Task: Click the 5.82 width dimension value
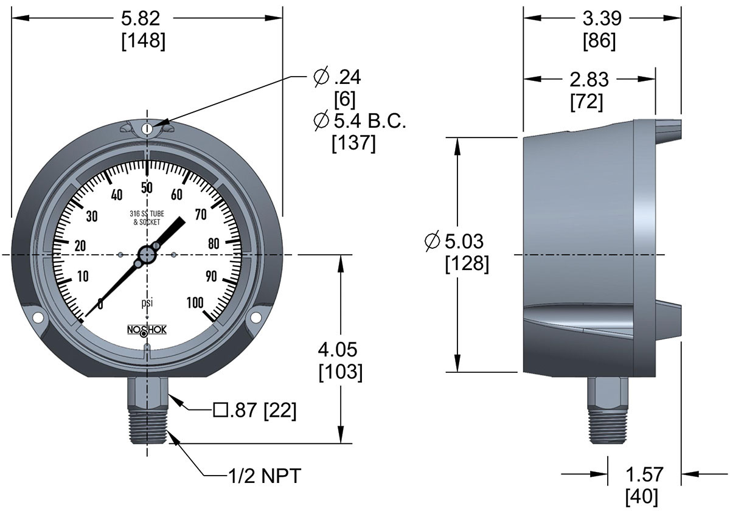tap(147, 19)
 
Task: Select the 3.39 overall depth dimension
tap(602, 19)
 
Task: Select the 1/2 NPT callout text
tap(262, 476)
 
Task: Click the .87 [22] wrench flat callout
tap(255, 411)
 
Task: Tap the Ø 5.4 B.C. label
tap(359, 121)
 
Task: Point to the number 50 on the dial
tap(147, 187)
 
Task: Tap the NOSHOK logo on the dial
tap(147, 330)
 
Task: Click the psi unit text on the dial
tap(147, 302)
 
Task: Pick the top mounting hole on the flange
tap(147, 129)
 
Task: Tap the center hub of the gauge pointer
tap(147, 254)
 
